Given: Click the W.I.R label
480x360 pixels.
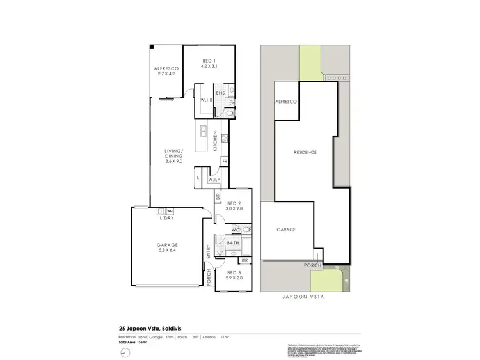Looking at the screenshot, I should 206,101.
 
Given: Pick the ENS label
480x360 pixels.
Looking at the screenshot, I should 220,93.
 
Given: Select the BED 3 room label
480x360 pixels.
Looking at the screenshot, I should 234,276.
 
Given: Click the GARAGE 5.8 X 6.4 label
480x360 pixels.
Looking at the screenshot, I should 167,247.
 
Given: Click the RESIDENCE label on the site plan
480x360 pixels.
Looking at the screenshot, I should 305,152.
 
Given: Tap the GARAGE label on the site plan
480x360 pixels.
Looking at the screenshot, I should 285,229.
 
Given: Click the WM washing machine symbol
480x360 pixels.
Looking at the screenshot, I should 170,210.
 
